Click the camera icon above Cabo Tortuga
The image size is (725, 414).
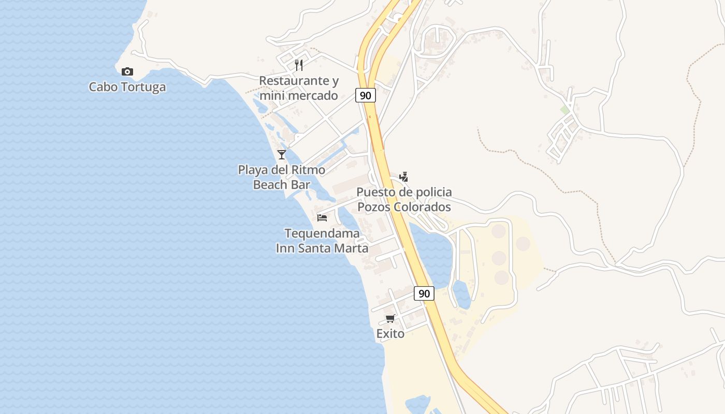pyautogui.click(x=127, y=71)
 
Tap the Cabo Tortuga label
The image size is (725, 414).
pyautogui.click(x=127, y=86)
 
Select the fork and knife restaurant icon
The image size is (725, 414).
pyautogui.click(x=299, y=65)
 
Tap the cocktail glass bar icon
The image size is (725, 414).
pyautogui.click(x=282, y=154)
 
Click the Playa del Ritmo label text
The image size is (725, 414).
pyautogui.click(x=282, y=170)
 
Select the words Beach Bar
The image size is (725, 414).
pyautogui.click(x=282, y=184)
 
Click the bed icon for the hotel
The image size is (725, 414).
pyautogui.click(x=322, y=217)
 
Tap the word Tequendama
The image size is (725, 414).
pyautogui.click(x=322, y=233)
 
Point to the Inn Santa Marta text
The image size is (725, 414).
pyautogui.click(x=322, y=248)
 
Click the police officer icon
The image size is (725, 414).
pyautogui.click(x=404, y=176)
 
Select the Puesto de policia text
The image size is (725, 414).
pyautogui.click(x=404, y=192)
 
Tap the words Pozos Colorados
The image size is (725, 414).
pyautogui.click(x=404, y=207)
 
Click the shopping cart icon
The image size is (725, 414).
pyautogui.click(x=390, y=318)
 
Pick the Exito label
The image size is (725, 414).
pyautogui.click(x=390, y=334)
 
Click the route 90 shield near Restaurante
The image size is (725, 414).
pyautogui.click(x=366, y=95)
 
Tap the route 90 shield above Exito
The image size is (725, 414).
pyautogui.click(x=424, y=293)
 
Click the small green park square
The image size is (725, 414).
pyautogui.click(x=565, y=110)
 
